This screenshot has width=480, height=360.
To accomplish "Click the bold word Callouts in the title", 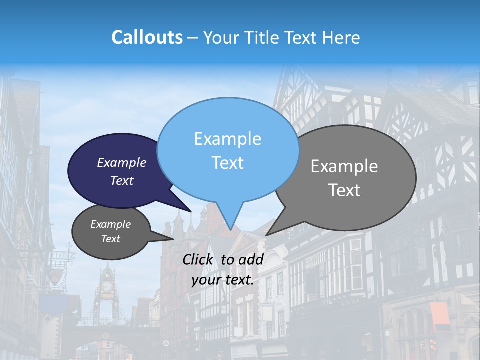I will click(x=147, y=37).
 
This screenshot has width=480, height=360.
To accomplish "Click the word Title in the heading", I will click(x=260, y=37).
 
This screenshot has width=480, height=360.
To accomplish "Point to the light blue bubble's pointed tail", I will click(x=230, y=220).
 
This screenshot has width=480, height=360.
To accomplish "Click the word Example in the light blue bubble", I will click(x=227, y=138).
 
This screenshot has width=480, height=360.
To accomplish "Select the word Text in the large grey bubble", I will click(x=344, y=190).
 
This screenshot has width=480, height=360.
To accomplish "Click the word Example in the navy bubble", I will click(x=122, y=162).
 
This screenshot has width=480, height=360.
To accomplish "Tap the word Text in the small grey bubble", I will click(x=111, y=239).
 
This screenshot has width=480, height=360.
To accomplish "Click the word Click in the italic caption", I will click(x=199, y=259).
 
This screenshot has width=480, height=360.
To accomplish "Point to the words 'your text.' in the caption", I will click(x=223, y=280).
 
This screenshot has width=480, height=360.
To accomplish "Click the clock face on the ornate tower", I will click(x=106, y=287).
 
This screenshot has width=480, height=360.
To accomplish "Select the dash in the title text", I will click(x=192, y=38).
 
